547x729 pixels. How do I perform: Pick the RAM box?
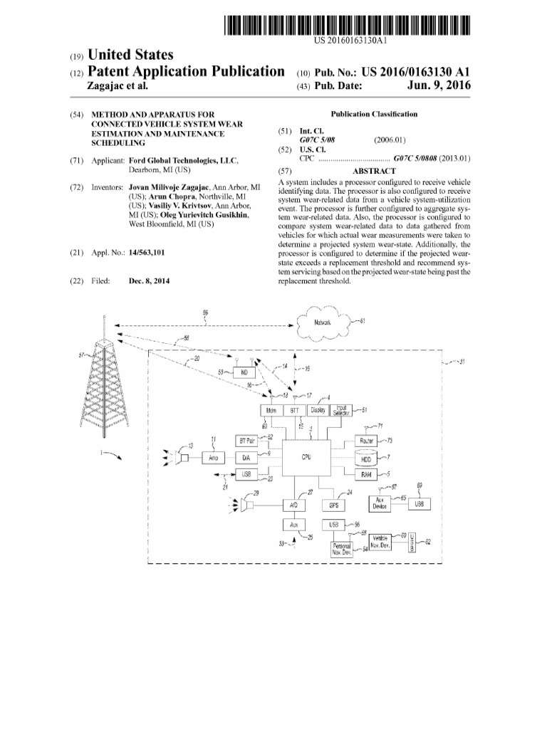click(x=367, y=475)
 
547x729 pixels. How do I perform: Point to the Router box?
click(x=368, y=441)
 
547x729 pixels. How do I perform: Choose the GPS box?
click(x=333, y=505)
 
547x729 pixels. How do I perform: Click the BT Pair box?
click(x=247, y=441)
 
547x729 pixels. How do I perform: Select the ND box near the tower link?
click(x=246, y=372)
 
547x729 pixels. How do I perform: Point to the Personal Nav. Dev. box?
click(x=343, y=549)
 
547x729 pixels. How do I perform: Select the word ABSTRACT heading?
click(x=374, y=172)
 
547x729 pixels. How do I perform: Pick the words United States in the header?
click(x=129, y=55)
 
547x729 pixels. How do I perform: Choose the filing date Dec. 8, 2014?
click(x=149, y=280)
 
